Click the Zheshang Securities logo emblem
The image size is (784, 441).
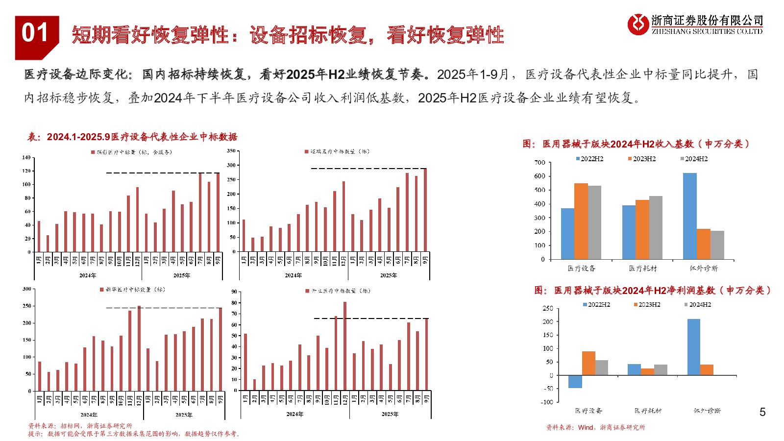pyautogui.click(x=638, y=24)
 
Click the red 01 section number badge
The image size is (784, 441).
pyautogui.click(x=35, y=34)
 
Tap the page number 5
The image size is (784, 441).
pyautogui.click(x=762, y=412)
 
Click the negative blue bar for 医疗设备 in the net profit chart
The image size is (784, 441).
pyautogui.click(x=575, y=382)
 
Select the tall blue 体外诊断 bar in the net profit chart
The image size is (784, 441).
pyautogui.click(x=693, y=347)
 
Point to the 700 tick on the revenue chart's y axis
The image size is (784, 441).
pyautogui.click(x=539, y=163)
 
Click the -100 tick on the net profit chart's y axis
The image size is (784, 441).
pyautogui.click(x=546, y=402)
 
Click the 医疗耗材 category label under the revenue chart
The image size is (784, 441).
pyautogui.click(x=642, y=269)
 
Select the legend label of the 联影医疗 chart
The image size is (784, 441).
pyautogui.click(x=131, y=152)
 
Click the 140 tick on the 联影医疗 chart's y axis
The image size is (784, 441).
pyautogui.click(x=26, y=158)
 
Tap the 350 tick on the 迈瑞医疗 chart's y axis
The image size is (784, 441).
pyautogui.click(x=231, y=151)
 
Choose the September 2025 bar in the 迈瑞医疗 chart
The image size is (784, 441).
pyautogui.click(x=425, y=210)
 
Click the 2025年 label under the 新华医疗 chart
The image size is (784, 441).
pyautogui.click(x=184, y=415)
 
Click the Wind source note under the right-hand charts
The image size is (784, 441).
pyautogui.click(x=595, y=428)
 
